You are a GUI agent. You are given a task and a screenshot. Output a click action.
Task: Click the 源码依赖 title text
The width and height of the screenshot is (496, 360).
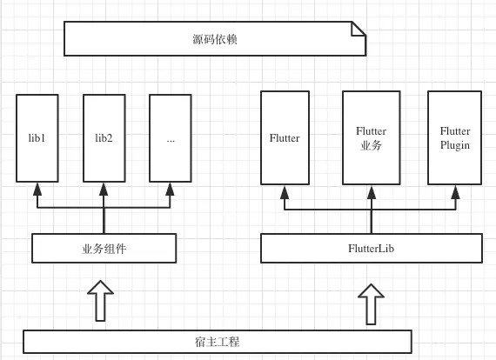pos(214,39)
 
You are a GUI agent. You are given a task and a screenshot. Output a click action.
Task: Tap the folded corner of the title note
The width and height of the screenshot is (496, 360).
pos(358,29)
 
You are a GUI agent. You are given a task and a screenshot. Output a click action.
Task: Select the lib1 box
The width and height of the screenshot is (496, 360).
pos(37,138)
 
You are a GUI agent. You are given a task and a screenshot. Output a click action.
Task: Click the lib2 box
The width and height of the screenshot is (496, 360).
pos(104,138)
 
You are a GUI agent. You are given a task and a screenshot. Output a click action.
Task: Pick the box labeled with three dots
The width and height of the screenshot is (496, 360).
pos(170,138)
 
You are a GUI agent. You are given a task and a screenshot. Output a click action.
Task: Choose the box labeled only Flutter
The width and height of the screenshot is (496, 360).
pos(285,138)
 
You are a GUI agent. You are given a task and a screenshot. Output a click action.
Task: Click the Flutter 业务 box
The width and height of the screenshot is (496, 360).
pos(371,138)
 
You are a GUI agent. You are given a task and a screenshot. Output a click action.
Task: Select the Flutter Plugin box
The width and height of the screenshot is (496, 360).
pos(454,138)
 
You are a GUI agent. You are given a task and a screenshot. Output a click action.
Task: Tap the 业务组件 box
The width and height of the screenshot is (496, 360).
pos(104,249)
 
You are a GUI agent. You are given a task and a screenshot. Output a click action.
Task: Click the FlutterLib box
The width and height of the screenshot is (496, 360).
pos(372,249)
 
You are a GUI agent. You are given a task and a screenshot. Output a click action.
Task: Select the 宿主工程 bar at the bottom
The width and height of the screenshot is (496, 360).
pos(217,342)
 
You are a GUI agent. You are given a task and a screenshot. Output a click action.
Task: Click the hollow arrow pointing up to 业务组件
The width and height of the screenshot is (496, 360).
pos(101,300)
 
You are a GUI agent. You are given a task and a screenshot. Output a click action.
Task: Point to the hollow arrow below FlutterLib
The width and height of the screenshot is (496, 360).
pos(371,303)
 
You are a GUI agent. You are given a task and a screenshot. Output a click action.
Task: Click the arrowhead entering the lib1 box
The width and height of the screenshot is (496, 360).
pos(37,189)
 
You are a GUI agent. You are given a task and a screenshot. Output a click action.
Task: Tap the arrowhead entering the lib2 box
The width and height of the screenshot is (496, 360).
pos(104,189)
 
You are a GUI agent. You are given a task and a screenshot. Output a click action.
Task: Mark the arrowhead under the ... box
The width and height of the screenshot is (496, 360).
pos(170,189)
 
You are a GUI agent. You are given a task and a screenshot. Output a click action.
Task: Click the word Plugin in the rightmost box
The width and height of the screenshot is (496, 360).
pos(454,145)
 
